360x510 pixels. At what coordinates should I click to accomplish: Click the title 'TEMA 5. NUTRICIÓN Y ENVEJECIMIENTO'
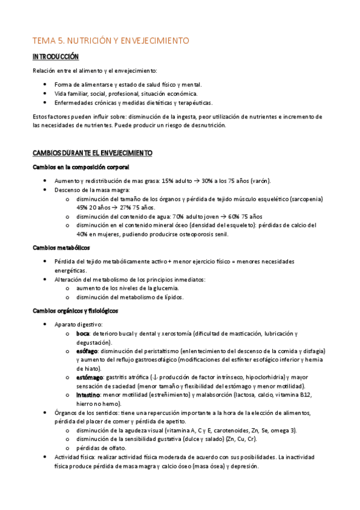click(x=111, y=41)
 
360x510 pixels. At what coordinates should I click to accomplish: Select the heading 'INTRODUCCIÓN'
click(x=56, y=57)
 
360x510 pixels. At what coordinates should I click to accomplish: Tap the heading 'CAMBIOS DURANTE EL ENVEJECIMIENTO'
click(x=93, y=153)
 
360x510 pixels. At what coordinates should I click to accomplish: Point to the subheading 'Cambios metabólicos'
click(x=61, y=247)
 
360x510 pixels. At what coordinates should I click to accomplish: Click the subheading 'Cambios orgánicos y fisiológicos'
click(x=76, y=310)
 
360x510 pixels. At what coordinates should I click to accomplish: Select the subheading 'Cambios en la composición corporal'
click(x=81, y=167)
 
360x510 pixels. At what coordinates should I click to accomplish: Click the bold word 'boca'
click(x=83, y=334)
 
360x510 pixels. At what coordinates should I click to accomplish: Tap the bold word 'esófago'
click(x=88, y=351)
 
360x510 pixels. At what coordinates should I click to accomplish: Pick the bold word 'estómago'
click(x=90, y=376)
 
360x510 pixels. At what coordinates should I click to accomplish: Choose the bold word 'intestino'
click(x=89, y=395)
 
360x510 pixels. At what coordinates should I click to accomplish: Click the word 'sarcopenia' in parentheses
click(x=305, y=198)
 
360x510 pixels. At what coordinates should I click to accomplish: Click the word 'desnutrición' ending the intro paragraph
click(x=206, y=125)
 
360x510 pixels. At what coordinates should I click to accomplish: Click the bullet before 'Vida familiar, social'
click(x=46, y=94)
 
